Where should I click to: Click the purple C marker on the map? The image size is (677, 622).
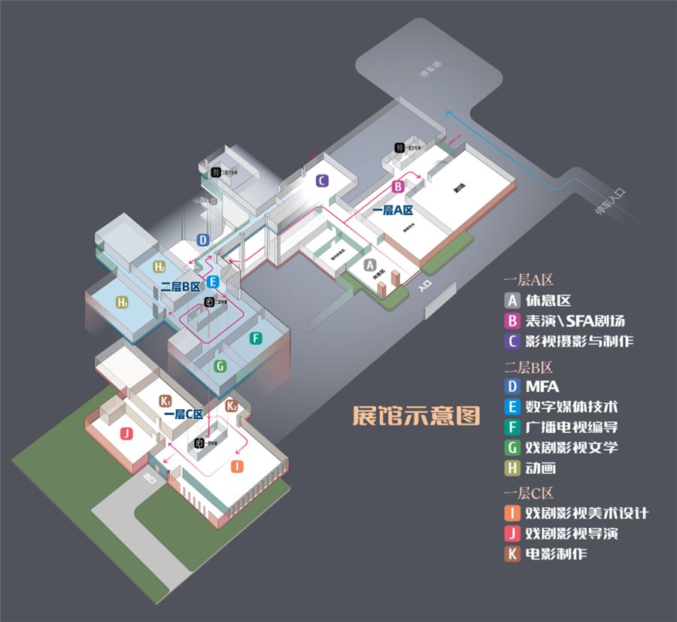pyautogui.click(x=320, y=181)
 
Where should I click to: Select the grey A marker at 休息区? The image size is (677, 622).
pyautogui.click(x=369, y=265)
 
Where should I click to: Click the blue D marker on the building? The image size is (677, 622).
pyautogui.click(x=202, y=240)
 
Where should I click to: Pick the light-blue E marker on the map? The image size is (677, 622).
pyautogui.click(x=213, y=282)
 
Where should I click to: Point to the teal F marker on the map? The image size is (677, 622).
pyautogui.click(x=257, y=338)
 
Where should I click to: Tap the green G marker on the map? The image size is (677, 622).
pyautogui.click(x=220, y=366)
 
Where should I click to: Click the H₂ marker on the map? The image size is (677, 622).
pyautogui.click(x=159, y=266)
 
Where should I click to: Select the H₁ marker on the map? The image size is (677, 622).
pyautogui.click(x=122, y=302)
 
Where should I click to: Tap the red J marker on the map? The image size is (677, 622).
pyautogui.click(x=126, y=433)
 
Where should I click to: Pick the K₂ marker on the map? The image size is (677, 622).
pyautogui.click(x=232, y=406)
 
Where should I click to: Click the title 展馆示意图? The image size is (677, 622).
pyautogui.click(x=416, y=417)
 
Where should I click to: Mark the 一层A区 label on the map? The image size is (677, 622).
pyautogui.click(x=393, y=211)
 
